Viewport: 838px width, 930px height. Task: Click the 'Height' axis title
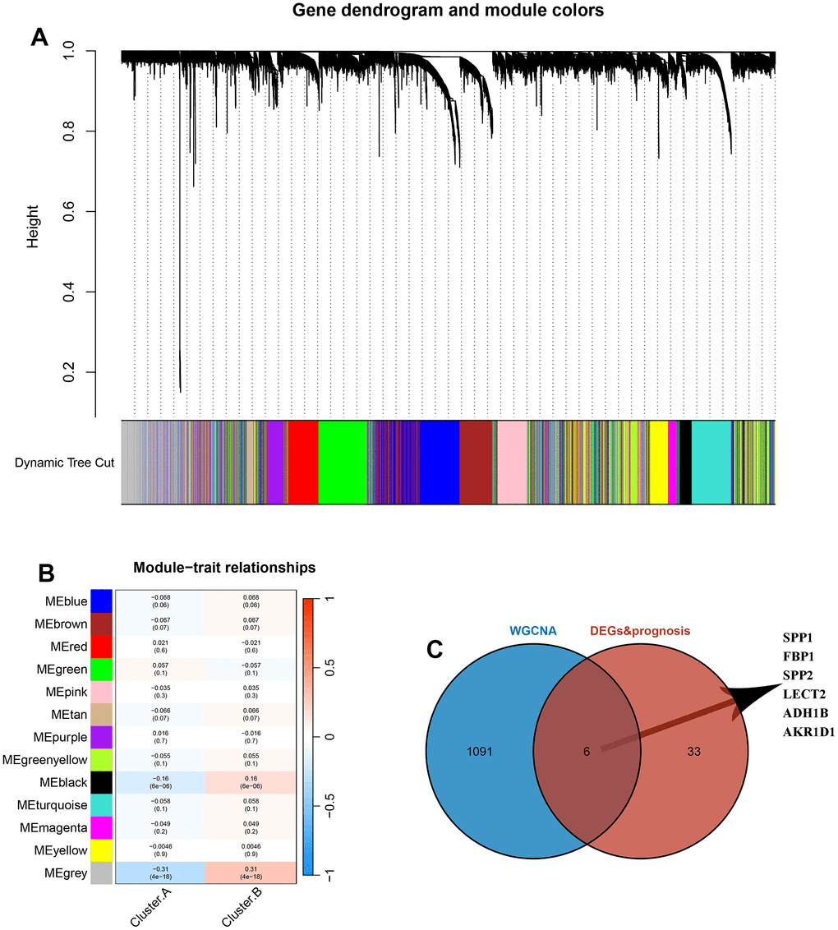[34, 232]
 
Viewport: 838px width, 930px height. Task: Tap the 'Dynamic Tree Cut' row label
[64, 463]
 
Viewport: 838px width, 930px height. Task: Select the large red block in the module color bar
[302, 462]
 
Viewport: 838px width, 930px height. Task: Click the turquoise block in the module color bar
[711, 462]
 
